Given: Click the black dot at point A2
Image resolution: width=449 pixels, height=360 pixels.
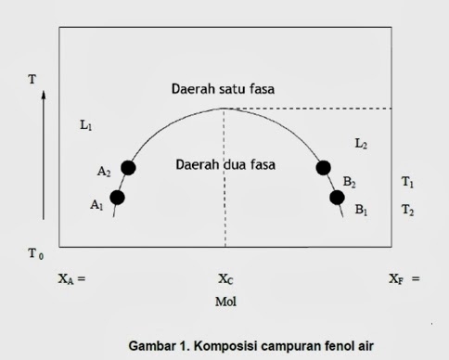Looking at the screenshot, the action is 128,167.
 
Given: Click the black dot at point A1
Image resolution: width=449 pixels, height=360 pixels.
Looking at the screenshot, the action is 117,197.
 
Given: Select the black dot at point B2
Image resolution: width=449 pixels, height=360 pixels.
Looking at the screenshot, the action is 324,167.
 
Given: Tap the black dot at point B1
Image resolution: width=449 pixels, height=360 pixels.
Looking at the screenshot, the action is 337,197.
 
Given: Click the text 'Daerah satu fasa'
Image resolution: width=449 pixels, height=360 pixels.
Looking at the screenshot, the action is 224,90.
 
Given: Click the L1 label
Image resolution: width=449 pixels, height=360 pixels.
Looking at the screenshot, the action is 86,126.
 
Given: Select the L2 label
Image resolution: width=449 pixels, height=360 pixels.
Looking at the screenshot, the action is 361,144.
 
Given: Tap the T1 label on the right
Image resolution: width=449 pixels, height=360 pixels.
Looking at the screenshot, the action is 407,183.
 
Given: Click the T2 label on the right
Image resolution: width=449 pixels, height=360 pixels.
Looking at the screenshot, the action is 407,211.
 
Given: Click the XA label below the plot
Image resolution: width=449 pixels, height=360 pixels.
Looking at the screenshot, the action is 68,278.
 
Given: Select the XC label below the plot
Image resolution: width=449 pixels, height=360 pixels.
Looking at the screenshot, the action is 225,278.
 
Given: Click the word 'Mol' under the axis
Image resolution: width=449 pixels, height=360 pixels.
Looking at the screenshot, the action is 225,302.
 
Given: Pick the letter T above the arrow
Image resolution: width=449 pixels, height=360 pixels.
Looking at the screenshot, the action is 34,79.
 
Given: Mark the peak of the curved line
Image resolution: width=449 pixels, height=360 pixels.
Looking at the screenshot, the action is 224,109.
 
